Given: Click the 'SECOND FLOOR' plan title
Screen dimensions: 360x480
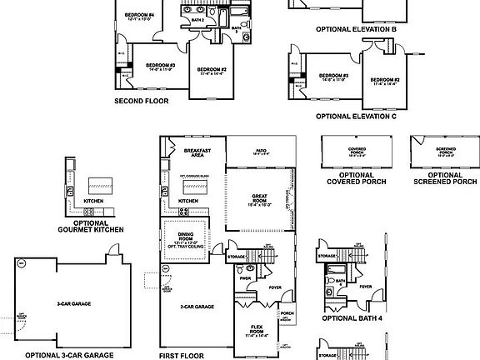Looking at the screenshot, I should point(141,100).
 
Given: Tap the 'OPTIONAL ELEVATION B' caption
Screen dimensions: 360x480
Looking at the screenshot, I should point(356,28).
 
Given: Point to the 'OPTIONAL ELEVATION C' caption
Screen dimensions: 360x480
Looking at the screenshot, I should point(356,116).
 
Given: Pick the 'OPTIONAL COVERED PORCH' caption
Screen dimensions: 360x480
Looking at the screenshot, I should point(351,177).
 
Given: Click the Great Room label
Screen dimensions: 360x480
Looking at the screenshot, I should point(259,200).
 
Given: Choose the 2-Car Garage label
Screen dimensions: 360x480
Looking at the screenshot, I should point(197,307).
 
